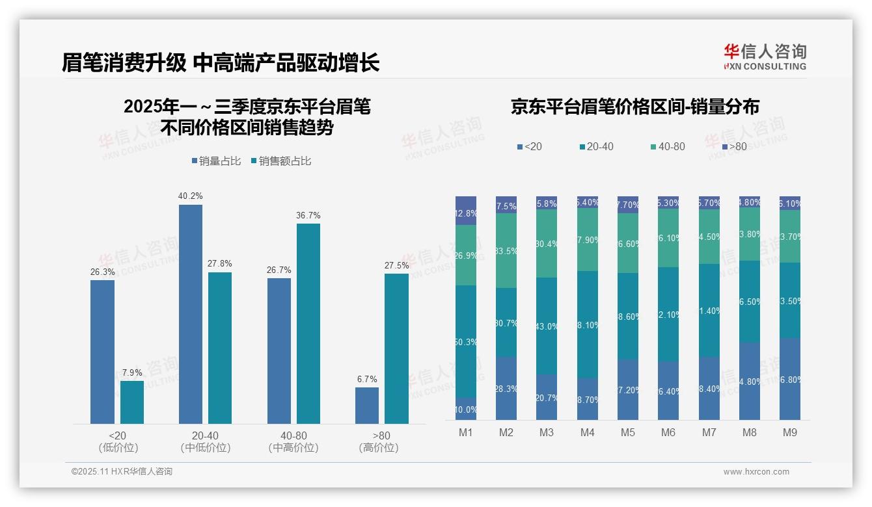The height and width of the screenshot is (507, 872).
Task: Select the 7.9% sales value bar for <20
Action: [132, 402]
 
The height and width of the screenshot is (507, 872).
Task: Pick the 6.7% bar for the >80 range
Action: [367, 406]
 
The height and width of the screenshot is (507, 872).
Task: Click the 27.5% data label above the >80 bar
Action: [397, 265]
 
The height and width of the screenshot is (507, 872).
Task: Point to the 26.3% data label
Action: [102, 272]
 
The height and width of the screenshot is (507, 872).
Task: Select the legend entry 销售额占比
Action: [280, 161]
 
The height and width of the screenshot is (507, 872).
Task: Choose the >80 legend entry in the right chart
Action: [733, 147]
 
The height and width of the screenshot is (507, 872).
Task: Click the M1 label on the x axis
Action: [466, 432]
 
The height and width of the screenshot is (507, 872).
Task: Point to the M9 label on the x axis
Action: [790, 432]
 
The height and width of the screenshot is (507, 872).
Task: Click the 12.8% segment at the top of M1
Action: [466, 211]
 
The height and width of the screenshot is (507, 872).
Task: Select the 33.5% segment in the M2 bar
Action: [506, 250]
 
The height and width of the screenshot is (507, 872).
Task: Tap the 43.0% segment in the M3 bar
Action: [547, 326]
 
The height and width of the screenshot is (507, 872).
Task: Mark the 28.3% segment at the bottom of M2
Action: [506, 388]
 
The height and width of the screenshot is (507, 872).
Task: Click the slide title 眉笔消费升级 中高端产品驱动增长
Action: [221, 62]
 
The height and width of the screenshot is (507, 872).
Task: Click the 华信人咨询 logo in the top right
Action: [765, 57]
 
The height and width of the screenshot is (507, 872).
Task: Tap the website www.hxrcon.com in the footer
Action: [756, 472]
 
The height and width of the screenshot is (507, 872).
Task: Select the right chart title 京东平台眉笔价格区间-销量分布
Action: [634, 107]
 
